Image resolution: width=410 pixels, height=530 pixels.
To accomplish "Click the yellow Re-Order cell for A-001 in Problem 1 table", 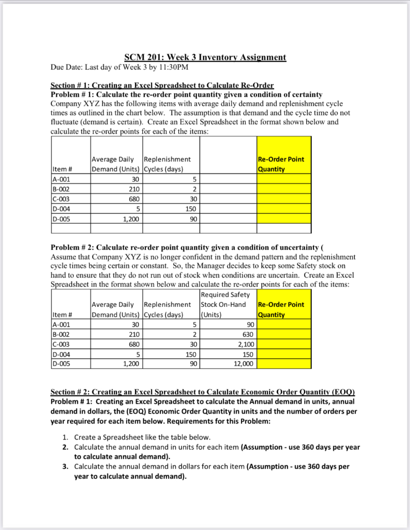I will coord(283,179).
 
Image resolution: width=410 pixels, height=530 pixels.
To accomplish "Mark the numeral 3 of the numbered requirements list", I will coord(65,466).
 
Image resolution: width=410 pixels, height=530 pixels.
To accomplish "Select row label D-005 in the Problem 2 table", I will coord(62,364).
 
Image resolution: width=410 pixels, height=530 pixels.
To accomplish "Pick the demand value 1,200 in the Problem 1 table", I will coord(129,218).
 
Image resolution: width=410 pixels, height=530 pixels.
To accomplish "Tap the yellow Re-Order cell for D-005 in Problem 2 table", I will coord(283,364).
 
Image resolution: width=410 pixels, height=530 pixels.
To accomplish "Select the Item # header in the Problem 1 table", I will coord(62,169).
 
